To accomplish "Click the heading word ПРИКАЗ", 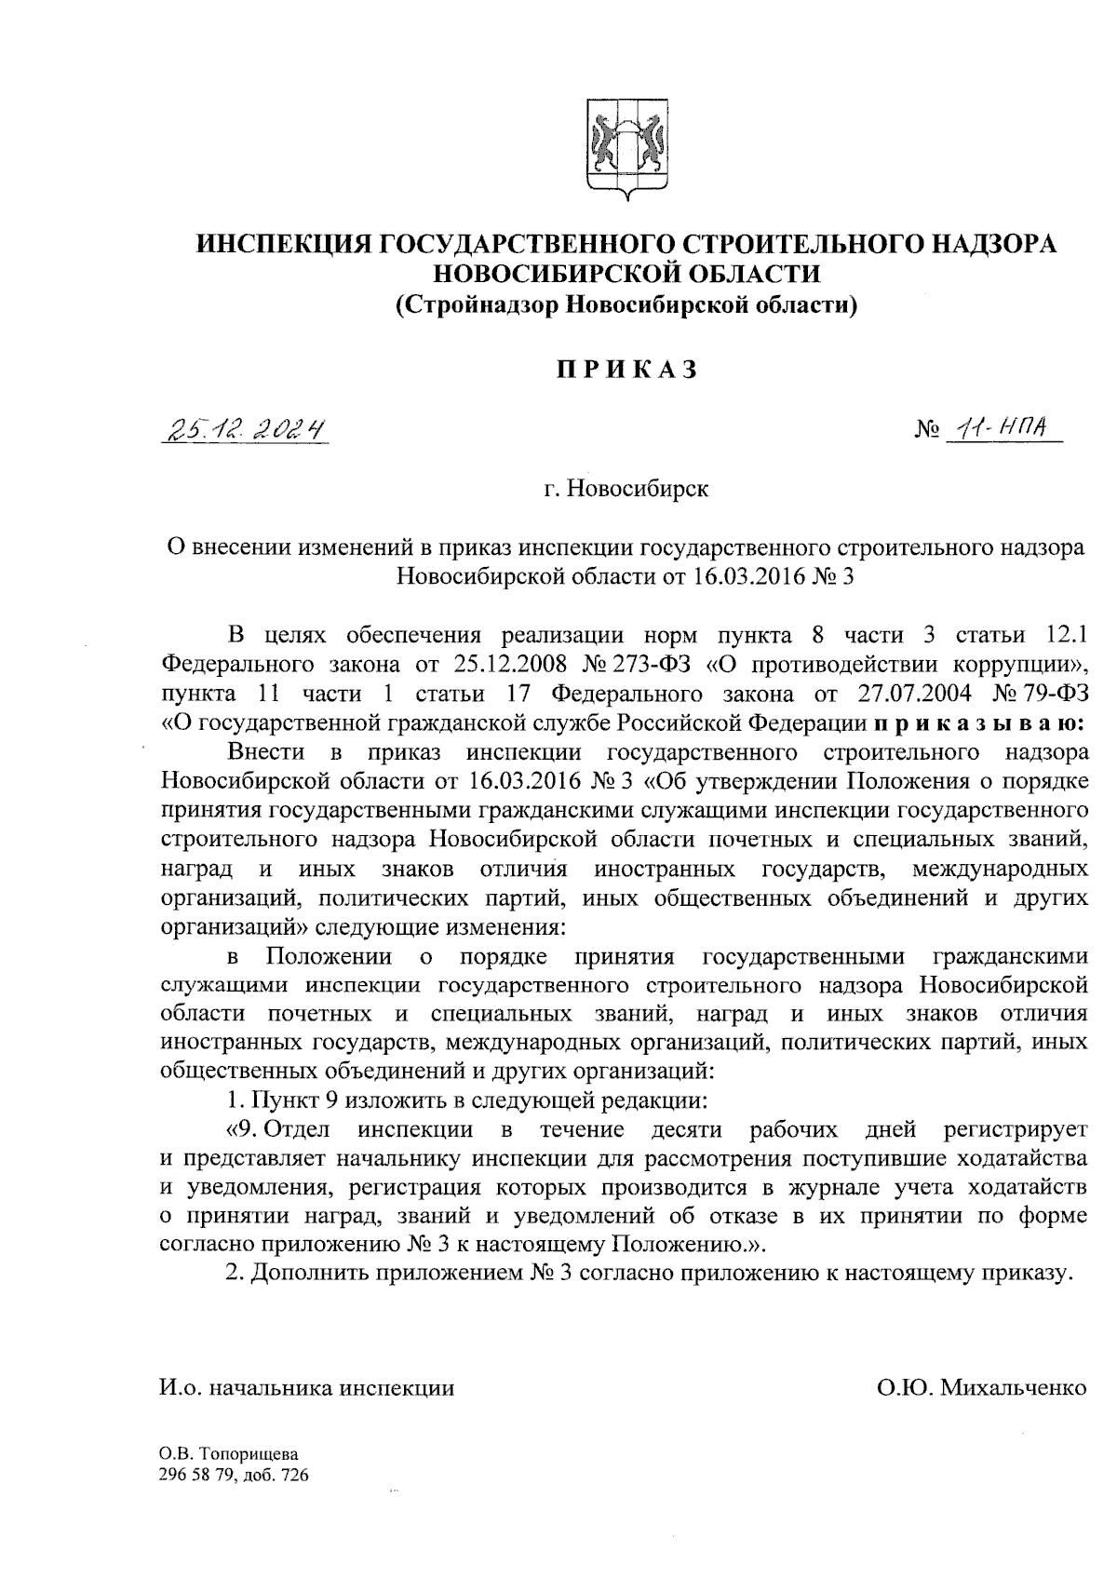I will pyautogui.click(x=625, y=370).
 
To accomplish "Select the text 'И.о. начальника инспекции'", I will pyautogui.click(x=308, y=1388).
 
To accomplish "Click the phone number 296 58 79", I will pyautogui.click(x=195, y=1476).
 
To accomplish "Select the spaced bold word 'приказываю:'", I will pyautogui.click(x=975, y=722).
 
